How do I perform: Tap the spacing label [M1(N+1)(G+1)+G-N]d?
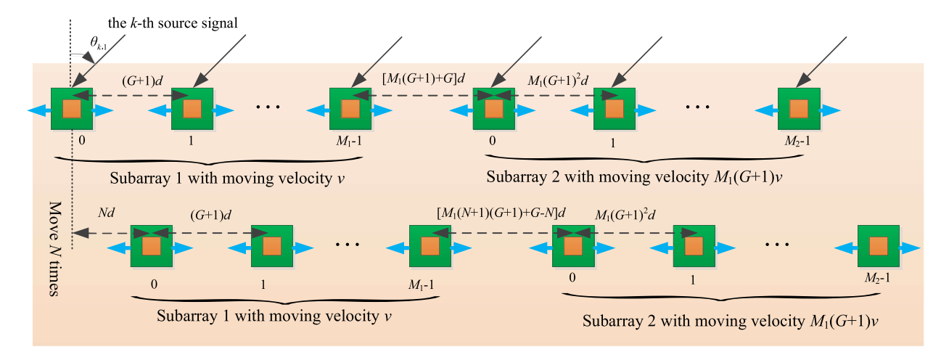[500, 214]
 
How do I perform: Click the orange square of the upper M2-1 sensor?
[798, 110]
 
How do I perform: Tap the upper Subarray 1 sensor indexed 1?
[192, 110]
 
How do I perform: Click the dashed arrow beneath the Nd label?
[102, 233]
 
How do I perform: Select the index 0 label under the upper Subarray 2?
[493, 140]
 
